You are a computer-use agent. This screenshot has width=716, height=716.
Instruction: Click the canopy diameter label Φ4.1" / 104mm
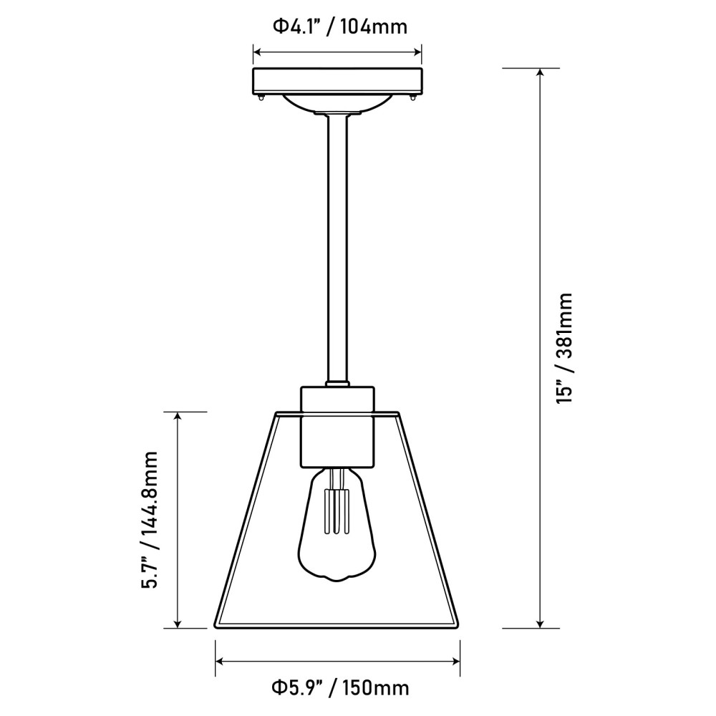(x=339, y=27)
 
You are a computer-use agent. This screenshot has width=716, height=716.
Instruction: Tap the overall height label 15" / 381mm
(x=566, y=348)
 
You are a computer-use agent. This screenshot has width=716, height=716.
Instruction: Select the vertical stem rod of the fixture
(x=337, y=251)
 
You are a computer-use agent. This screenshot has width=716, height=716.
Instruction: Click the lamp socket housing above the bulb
(x=337, y=426)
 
